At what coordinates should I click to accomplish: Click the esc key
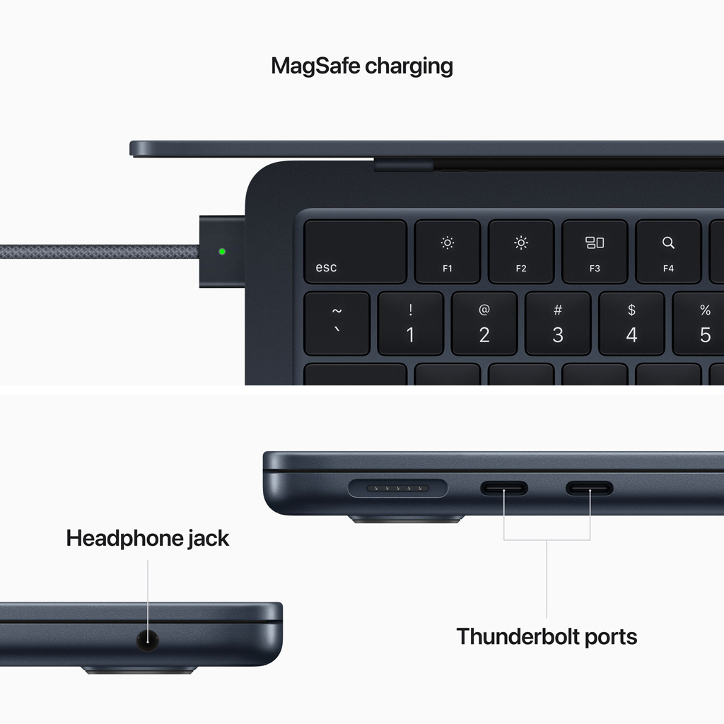click(355, 252)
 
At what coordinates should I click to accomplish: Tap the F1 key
click(447, 252)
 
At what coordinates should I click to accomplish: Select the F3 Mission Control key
click(594, 252)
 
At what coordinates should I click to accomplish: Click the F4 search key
click(667, 252)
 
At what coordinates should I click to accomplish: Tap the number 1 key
click(410, 324)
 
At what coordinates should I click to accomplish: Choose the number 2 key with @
click(484, 324)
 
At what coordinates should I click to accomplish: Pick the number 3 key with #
click(558, 324)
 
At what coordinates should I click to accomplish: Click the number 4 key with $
click(631, 324)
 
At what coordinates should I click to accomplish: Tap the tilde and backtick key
click(337, 324)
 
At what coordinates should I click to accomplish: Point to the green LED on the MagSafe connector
click(223, 251)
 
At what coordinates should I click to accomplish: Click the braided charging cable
click(99, 252)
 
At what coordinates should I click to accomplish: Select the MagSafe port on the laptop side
click(398, 489)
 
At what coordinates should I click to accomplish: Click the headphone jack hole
click(147, 641)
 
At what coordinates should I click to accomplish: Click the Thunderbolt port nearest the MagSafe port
click(504, 489)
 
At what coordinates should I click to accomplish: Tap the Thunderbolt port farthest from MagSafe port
click(590, 489)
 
